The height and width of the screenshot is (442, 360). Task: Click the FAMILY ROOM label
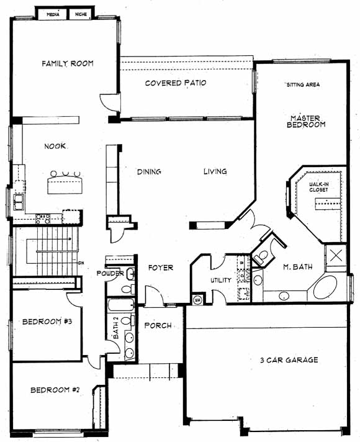(x=68, y=63)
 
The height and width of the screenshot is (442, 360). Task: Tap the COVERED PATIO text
(x=176, y=83)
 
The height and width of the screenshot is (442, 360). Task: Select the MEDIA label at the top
(x=53, y=14)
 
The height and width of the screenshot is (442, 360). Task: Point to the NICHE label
(x=81, y=14)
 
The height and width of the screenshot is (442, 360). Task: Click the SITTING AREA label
(x=303, y=84)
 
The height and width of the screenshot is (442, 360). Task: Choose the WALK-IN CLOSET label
(x=319, y=187)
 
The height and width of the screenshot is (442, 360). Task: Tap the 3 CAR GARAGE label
(x=289, y=360)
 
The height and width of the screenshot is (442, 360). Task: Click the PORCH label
(x=158, y=325)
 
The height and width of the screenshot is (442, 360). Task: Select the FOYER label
(x=161, y=268)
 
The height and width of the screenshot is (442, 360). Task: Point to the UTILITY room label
(x=221, y=280)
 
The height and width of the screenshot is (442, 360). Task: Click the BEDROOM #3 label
(x=47, y=322)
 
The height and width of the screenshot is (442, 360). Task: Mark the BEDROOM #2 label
(x=55, y=390)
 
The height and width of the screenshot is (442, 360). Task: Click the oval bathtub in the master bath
(x=325, y=287)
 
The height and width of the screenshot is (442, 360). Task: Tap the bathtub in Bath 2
(x=121, y=305)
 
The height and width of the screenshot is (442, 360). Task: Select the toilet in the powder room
(x=128, y=289)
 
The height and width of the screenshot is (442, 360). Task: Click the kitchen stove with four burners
(x=43, y=219)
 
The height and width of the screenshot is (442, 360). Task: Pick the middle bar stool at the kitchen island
(x=66, y=173)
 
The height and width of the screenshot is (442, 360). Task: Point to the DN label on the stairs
(x=81, y=263)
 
